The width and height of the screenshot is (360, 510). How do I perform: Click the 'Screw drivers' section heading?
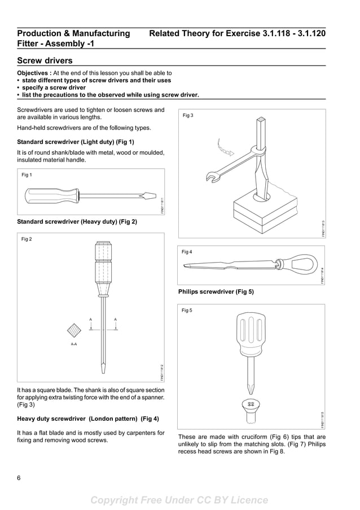tap(45, 60)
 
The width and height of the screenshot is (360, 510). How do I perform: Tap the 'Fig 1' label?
tap(27, 175)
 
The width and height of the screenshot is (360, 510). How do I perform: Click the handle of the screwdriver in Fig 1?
tap(50, 196)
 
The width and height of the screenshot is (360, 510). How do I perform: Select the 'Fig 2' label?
tap(27, 239)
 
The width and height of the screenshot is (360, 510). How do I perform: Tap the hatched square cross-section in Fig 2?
tap(74, 330)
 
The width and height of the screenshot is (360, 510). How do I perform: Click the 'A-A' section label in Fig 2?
tap(74, 344)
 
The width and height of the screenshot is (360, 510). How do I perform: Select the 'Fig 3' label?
tap(188, 116)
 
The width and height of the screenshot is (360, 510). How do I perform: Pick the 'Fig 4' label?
tap(187, 252)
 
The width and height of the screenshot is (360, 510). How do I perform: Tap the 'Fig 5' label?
tap(187, 311)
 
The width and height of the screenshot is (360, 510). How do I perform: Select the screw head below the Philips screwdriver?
tap(249, 406)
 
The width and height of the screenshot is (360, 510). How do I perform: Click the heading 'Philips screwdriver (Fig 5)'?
tap(216, 292)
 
